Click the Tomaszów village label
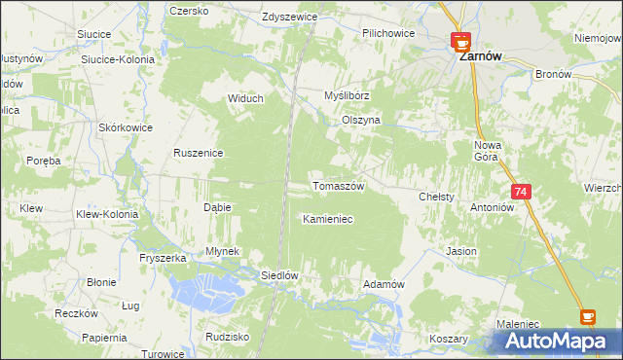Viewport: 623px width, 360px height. [338, 186]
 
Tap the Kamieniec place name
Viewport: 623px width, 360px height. [327, 220]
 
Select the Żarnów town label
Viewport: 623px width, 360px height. [480, 57]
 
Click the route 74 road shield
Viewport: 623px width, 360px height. [522, 193]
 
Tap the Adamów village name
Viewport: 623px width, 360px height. [383, 284]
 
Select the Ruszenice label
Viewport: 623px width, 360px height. [199, 153]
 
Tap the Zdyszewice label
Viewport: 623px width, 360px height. [291, 18]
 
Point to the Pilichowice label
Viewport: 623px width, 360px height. [388, 33]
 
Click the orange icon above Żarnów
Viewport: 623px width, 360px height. [460, 40]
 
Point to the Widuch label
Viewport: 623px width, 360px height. [245, 97]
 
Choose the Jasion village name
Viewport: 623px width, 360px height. [461, 251]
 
